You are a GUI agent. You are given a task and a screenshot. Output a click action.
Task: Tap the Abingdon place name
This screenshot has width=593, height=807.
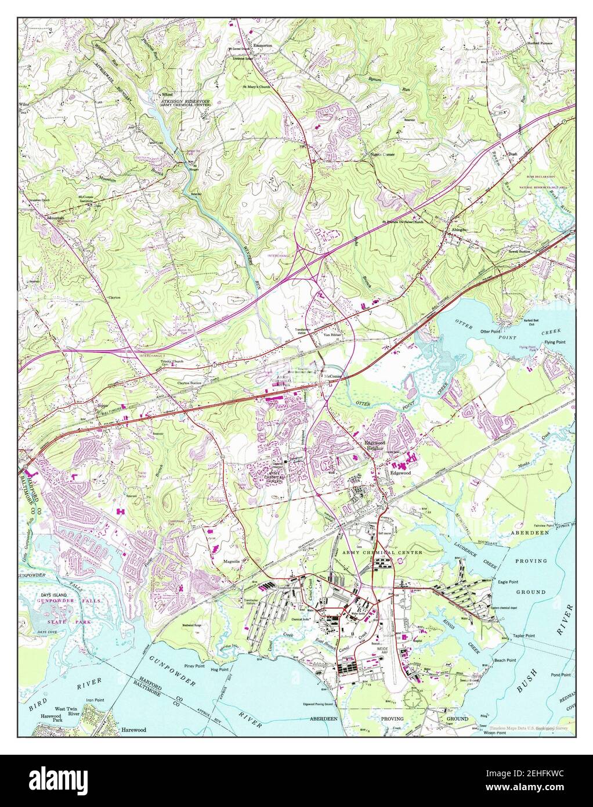[456, 229]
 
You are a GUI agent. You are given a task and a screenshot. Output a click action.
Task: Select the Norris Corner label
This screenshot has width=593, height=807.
[382, 154]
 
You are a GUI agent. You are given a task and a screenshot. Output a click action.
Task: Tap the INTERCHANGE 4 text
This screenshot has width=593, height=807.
[281, 255]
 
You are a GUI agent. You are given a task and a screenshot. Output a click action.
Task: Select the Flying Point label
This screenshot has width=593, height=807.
[555, 342]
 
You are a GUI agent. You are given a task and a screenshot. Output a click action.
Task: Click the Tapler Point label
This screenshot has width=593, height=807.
[523, 636]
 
